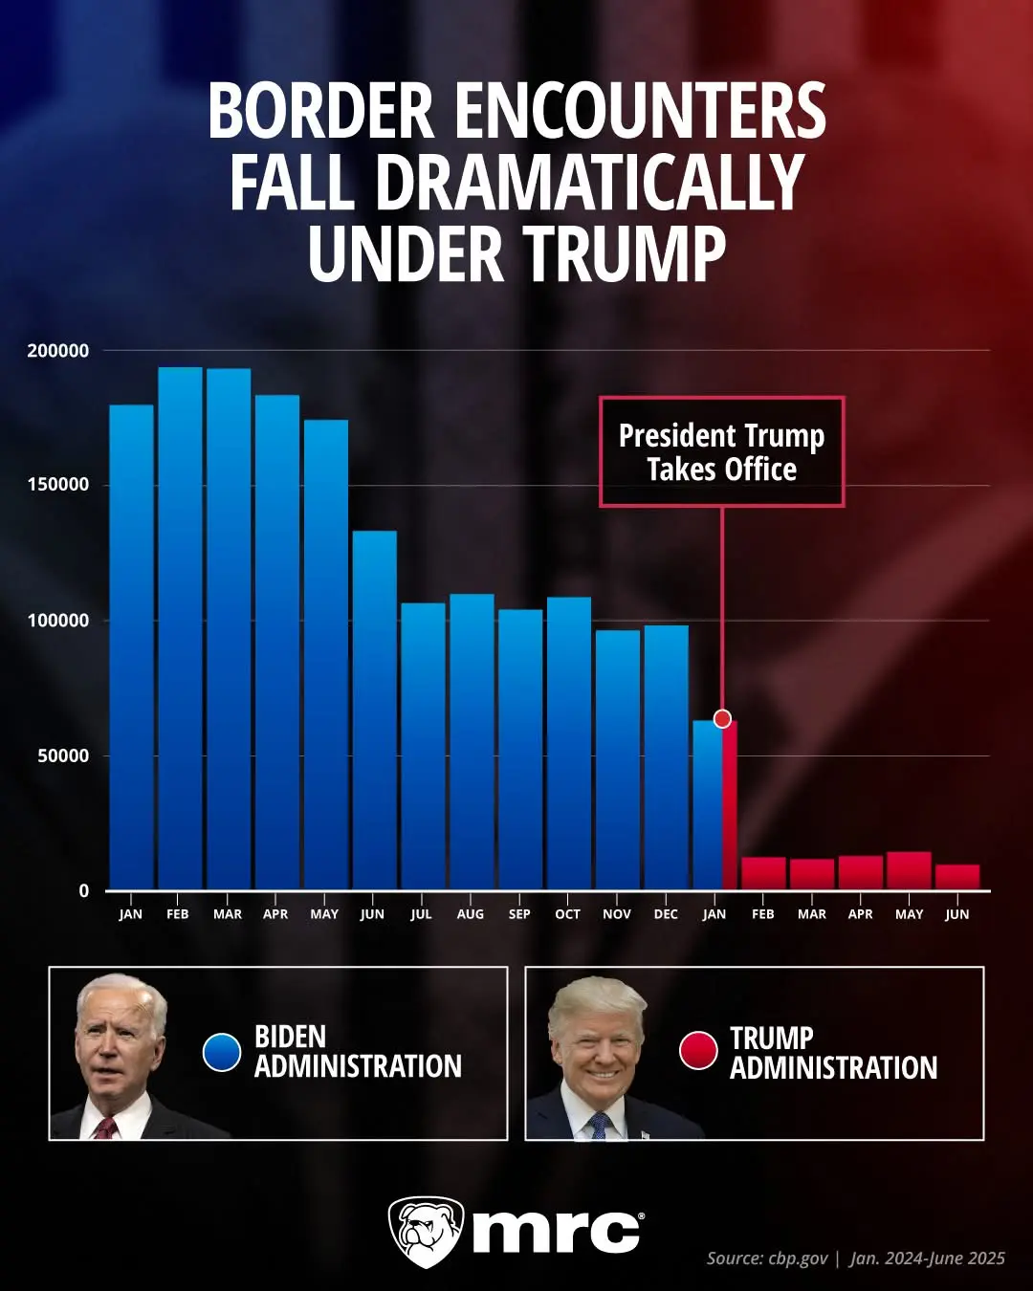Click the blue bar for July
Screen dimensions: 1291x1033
click(423, 746)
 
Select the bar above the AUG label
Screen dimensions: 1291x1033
click(472, 741)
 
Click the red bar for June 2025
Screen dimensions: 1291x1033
click(957, 877)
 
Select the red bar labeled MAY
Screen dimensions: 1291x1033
click(909, 870)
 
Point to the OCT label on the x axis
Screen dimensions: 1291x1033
click(567, 914)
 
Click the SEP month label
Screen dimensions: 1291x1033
click(519, 914)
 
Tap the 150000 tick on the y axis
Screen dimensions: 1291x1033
click(57, 485)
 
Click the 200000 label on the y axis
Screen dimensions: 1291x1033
click(57, 351)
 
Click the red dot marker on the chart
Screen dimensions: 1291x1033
click(722, 718)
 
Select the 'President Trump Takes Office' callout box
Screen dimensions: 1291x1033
click(721, 451)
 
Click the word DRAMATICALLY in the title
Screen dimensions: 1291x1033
click(588, 183)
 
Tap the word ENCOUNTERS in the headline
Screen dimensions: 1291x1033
click(640, 111)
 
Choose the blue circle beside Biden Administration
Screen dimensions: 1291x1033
click(222, 1052)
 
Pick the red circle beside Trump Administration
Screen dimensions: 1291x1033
click(698, 1050)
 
